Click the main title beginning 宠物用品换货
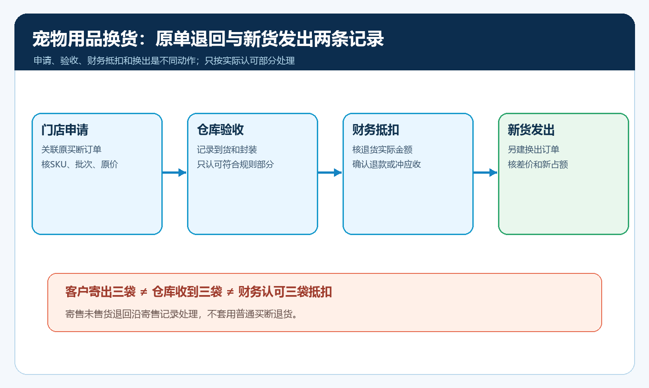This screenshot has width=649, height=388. click(208, 39)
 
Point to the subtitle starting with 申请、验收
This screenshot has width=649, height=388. click(164, 60)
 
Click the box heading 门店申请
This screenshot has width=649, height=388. click(64, 129)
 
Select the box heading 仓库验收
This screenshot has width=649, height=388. click(220, 129)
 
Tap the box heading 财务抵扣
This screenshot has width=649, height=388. click(375, 129)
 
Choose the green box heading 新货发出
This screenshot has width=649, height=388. click(531, 129)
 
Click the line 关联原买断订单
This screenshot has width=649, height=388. click(71, 150)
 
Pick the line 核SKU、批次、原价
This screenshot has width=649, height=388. click(80, 164)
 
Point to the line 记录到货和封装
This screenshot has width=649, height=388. click(227, 150)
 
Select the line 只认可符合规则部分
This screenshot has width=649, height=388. click(235, 164)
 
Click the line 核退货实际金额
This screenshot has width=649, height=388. click(382, 150)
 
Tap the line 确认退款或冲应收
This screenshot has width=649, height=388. click(387, 164)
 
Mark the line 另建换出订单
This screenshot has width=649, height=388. click(534, 150)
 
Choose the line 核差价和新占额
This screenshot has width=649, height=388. click(538, 164)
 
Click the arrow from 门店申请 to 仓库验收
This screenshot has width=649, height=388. click(174, 172)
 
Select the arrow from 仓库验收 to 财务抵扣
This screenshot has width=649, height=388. click(330, 172)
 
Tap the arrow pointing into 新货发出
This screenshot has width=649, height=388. click(485, 172)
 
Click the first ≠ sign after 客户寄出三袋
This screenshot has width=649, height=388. click(144, 292)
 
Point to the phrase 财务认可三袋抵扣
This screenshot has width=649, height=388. click(285, 292)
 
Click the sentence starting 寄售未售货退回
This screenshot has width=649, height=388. click(181, 314)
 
